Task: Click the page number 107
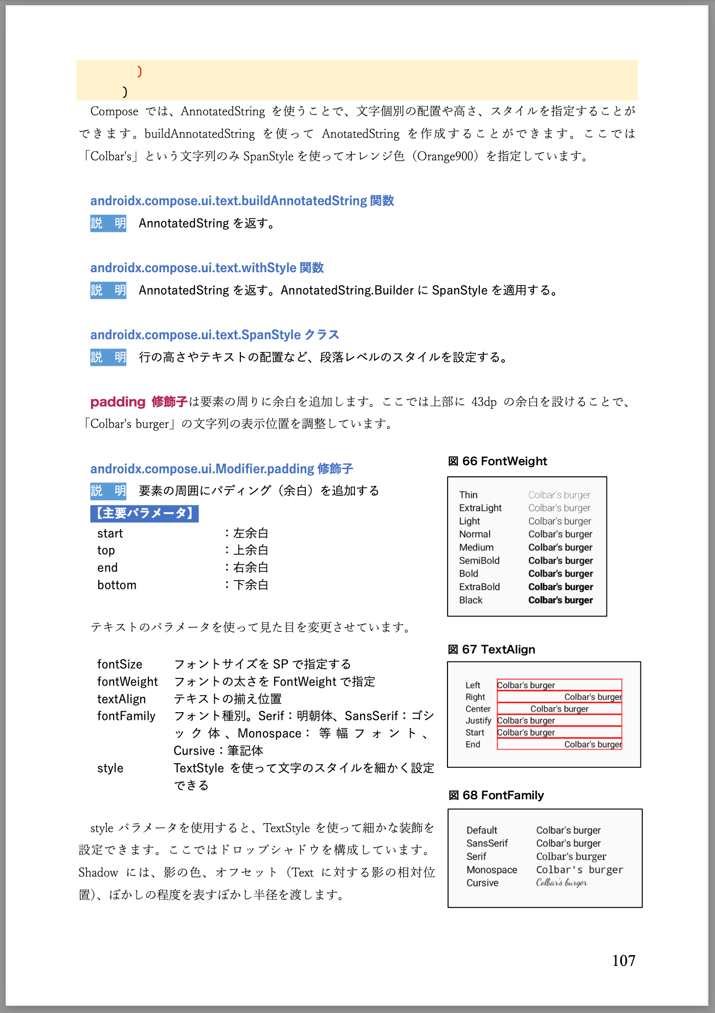coord(623,960)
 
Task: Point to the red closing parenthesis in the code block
coord(139,72)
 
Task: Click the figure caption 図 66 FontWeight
coord(497,461)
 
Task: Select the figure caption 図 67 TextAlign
coord(491,649)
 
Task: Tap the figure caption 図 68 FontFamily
coord(496,795)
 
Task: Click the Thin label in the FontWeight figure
coord(468,495)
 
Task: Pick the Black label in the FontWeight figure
coord(471,600)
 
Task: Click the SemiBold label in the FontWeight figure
coord(479,561)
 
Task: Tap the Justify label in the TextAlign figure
coord(478,721)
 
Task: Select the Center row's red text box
coord(559,709)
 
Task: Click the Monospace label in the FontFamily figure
coord(491,870)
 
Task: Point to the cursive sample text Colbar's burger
coord(561,883)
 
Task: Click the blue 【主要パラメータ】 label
coord(144,513)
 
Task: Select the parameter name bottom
coord(117,585)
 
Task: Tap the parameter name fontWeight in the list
coord(127,681)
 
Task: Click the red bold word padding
coord(118,402)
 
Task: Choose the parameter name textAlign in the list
coord(121,699)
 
